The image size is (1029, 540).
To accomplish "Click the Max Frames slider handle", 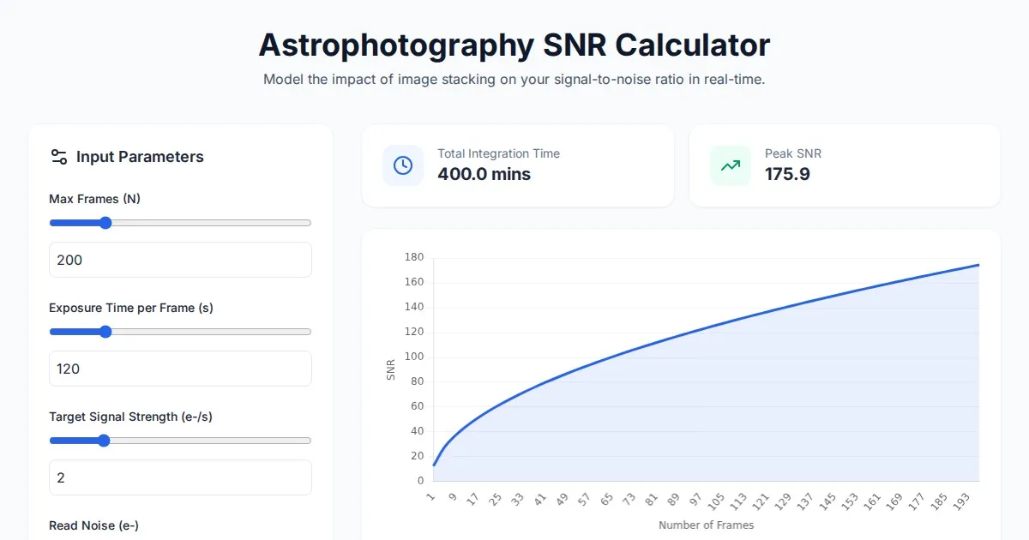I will tap(105, 223).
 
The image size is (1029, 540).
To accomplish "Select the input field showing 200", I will tap(180, 260).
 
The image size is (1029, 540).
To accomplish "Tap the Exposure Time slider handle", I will tap(105, 332).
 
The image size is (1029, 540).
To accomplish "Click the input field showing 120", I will tap(180, 369).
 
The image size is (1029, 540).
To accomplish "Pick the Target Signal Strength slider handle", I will tap(104, 441).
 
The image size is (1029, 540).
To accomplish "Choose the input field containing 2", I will tap(180, 477).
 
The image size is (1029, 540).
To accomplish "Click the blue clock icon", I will tap(403, 165).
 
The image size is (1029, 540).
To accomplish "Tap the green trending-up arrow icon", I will tap(731, 165).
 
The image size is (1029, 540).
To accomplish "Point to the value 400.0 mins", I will tap(484, 175).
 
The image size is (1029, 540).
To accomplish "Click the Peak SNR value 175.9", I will tap(787, 175).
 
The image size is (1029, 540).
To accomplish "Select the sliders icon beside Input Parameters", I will tap(59, 157).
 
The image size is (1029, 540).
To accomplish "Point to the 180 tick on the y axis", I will tap(414, 257).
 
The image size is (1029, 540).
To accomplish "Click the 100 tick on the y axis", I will tap(414, 357).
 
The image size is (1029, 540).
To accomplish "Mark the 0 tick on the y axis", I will tap(419, 481).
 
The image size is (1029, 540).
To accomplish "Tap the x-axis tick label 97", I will tap(695, 500).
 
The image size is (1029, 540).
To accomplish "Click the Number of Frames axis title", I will tap(706, 525).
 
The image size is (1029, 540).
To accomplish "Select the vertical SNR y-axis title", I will tap(391, 369).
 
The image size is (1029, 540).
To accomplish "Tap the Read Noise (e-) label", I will tap(93, 525).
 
